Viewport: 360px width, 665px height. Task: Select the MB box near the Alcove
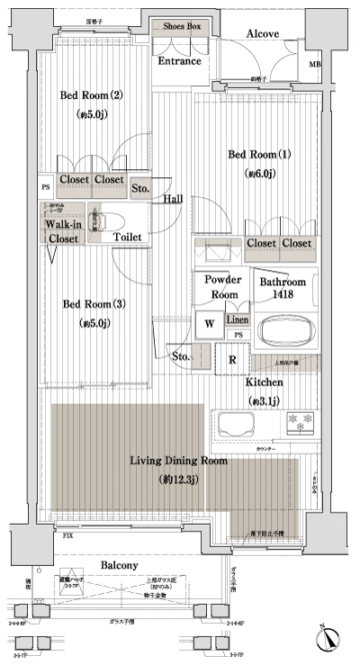314,65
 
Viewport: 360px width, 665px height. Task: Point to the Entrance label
180,61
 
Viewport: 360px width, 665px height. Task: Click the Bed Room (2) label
91,95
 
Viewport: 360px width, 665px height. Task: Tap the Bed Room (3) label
93,304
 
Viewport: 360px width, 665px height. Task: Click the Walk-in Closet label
61,231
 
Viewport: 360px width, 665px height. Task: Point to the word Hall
175,198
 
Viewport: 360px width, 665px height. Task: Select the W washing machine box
209,323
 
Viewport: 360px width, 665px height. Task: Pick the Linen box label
238,319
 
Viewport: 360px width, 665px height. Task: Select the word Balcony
119,565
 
